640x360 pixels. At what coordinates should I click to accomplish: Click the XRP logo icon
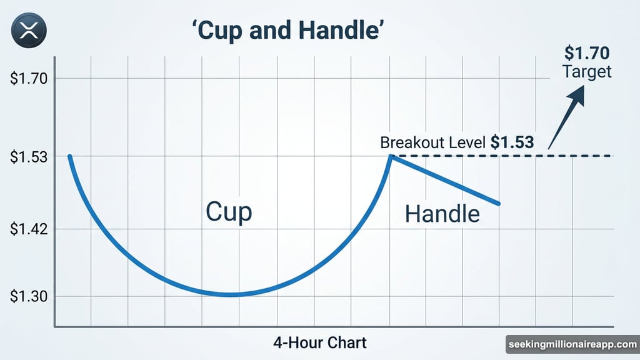pyautogui.click(x=26, y=29)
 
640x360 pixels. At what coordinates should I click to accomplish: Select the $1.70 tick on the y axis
pyautogui.click(x=29, y=79)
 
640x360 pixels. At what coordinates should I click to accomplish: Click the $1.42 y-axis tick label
pyautogui.click(x=29, y=229)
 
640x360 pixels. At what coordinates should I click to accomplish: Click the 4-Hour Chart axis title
pyautogui.click(x=319, y=342)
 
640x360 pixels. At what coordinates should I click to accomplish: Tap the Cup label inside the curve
pyautogui.click(x=229, y=212)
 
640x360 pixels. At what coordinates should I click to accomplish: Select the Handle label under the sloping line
pyautogui.click(x=442, y=214)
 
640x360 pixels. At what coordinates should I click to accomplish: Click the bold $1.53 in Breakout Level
pyautogui.click(x=512, y=142)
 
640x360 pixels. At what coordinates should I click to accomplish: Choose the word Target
pyautogui.click(x=587, y=71)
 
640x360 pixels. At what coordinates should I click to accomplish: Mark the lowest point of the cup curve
pyautogui.click(x=230, y=294)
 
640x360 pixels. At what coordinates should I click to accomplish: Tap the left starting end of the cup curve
pyautogui.click(x=69, y=156)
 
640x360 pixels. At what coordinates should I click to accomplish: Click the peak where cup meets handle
pyautogui.click(x=390, y=156)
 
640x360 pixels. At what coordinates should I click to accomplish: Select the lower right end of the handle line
pyautogui.click(x=499, y=203)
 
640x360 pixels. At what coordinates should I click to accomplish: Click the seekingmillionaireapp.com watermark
pyautogui.click(x=571, y=344)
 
